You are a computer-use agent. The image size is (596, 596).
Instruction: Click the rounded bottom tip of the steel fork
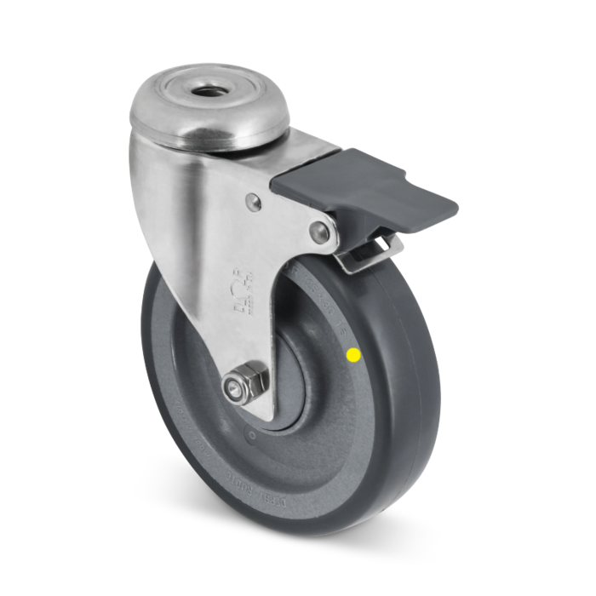pos(255,409)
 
